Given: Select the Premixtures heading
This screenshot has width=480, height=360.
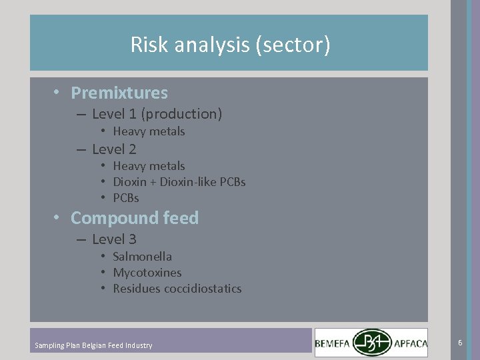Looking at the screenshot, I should tap(119, 93).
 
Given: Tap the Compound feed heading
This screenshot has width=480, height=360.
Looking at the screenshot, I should tap(135, 218).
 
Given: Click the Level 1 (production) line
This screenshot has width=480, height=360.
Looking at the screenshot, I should tap(157, 114).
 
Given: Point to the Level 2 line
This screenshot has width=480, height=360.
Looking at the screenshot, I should tap(114, 149).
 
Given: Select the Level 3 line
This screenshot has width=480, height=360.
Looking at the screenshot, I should tap(114, 239).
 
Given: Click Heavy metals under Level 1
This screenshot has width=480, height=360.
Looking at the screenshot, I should tap(149, 131).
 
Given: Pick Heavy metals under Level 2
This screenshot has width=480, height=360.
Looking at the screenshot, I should tap(149, 166).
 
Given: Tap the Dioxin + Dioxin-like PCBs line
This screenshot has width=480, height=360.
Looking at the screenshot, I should tap(179, 182).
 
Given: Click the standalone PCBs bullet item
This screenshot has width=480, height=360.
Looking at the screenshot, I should tap(126, 198).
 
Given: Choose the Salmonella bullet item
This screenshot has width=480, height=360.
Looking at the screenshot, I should tap(142, 257).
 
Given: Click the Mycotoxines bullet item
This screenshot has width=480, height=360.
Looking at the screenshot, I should tap(147, 273).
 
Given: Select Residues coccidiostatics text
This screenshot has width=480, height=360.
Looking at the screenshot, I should tap(177, 289).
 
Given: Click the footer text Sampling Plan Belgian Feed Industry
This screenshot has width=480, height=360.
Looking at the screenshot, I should tap(93, 345).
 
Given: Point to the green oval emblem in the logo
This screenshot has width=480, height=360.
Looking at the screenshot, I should tap(373, 343).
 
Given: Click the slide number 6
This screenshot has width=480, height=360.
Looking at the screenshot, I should tap(460, 342).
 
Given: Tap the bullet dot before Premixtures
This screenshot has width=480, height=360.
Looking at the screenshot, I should tap(59, 92).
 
